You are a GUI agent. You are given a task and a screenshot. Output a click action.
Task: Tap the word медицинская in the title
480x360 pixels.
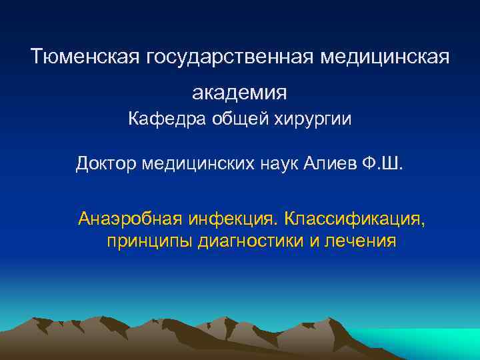385,57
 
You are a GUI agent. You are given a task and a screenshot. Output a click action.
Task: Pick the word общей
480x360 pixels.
233,120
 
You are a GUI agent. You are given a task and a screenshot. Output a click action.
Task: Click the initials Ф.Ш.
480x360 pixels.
384,163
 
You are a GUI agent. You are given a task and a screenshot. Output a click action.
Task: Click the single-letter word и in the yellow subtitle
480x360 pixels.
314,241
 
